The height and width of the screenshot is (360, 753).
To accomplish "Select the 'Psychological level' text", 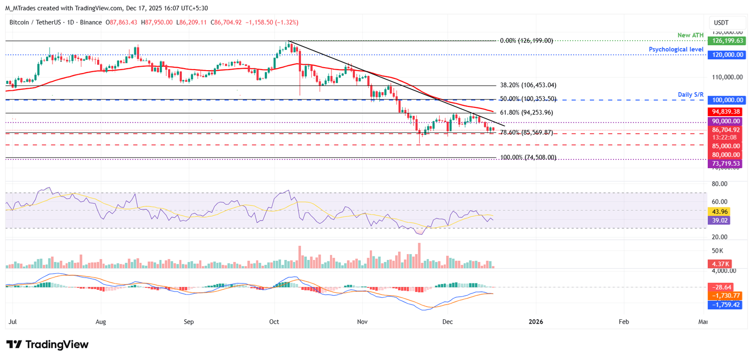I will (676, 50).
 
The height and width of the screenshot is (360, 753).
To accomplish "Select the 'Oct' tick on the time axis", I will (274, 322).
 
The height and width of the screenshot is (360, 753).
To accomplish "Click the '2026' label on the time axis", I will (535, 322).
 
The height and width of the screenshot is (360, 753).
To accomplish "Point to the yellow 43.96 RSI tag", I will (720, 211).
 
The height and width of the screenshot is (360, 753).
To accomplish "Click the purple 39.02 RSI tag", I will (720, 221).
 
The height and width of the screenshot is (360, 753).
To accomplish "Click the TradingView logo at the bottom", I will (48, 344).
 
